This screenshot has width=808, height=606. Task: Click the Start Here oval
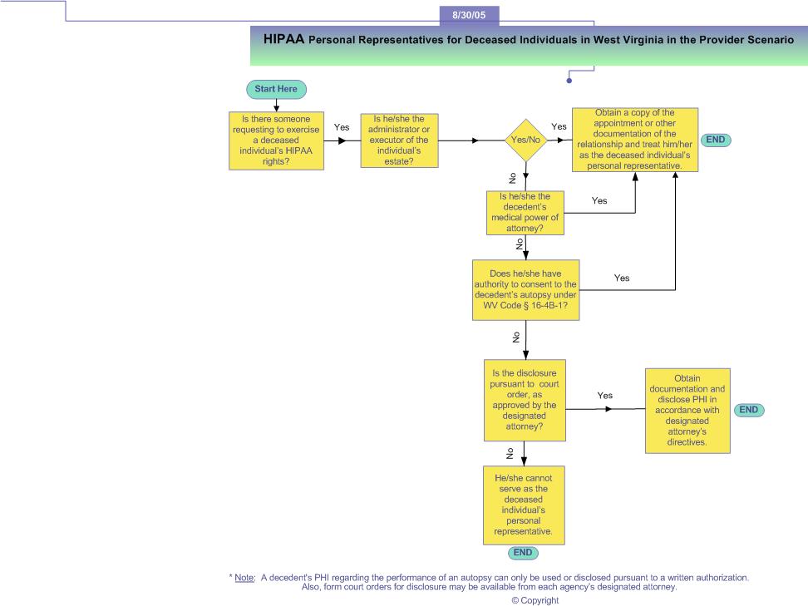(x=276, y=89)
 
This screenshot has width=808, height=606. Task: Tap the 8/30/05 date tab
(x=469, y=15)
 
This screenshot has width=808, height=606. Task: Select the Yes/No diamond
(x=525, y=140)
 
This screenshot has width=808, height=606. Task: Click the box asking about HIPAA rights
(x=276, y=140)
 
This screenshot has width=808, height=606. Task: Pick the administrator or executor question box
(x=399, y=140)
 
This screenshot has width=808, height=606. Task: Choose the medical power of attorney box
(x=525, y=213)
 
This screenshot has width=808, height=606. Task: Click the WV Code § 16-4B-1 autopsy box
(x=525, y=290)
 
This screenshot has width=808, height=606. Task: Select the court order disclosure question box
(x=525, y=401)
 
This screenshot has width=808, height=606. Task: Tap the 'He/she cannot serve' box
(x=524, y=505)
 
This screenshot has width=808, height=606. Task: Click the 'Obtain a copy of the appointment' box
(x=635, y=140)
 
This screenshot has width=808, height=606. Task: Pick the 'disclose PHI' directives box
(x=687, y=411)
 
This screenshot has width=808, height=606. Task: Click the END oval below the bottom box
(x=523, y=553)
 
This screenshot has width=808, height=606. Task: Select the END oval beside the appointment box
(x=716, y=140)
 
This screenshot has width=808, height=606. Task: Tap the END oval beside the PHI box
(x=749, y=410)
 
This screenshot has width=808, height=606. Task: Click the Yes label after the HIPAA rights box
(x=342, y=127)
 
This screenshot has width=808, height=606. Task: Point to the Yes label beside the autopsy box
(x=622, y=278)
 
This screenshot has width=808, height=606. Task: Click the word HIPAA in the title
(x=284, y=39)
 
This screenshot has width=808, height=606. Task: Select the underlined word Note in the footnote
(x=244, y=578)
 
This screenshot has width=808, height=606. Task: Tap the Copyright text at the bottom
(x=535, y=600)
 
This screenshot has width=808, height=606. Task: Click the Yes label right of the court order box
(x=605, y=395)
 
